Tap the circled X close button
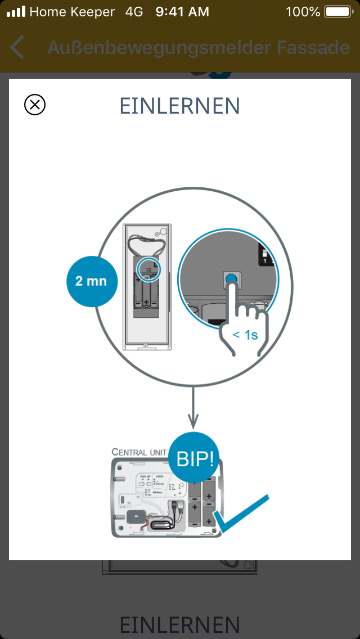35,105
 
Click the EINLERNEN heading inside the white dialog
180,106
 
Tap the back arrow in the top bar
17,48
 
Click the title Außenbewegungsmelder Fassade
199,48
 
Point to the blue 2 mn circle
92,281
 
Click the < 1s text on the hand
245,335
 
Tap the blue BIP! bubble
195,458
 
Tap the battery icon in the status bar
337,11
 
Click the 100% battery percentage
303,11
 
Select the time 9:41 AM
182,11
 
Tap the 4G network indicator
134,11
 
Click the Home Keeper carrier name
72,11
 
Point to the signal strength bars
16,11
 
